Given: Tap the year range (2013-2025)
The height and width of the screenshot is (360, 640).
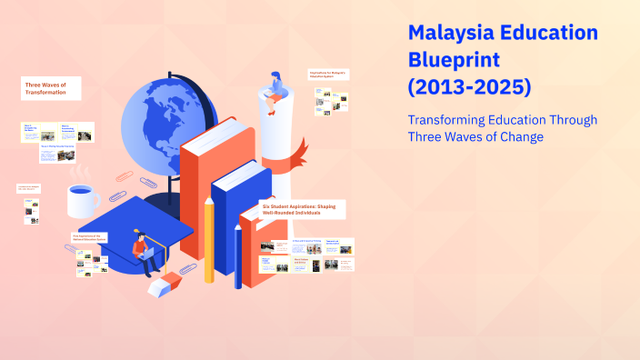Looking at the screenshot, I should [x=469, y=88].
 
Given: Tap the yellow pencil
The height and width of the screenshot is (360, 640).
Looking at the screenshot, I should [x=209, y=241].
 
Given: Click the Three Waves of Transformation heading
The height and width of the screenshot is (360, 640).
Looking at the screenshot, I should [x=51, y=87].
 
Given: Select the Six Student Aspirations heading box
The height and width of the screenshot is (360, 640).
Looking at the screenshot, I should [x=302, y=209].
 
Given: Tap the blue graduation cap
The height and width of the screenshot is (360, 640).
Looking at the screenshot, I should [x=136, y=223].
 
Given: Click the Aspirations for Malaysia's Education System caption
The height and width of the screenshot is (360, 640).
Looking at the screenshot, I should [x=329, y=75].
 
